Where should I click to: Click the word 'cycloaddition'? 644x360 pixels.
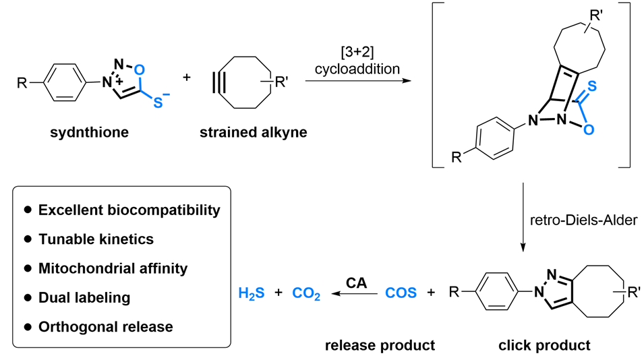[x=353, y=67]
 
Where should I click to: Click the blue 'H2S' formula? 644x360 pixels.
[x=252, y=294]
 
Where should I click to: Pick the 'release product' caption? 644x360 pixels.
[x=380, y=346]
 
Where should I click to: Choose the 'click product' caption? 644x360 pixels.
[x=544, y=346]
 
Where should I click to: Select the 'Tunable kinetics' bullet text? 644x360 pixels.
[x=96, y=239]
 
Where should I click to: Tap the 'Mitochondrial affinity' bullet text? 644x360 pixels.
[x=113, y=268]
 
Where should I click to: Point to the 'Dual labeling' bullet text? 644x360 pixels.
[x=84, y=297]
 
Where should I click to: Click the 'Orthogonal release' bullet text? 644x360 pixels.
[x=105, y=327]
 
